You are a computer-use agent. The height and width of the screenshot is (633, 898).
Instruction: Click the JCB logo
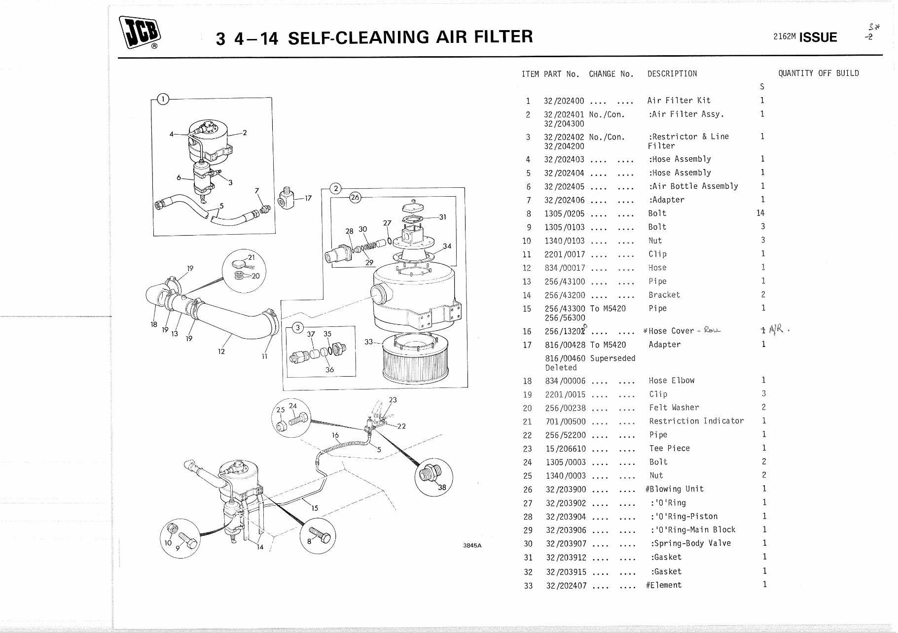point(139,33)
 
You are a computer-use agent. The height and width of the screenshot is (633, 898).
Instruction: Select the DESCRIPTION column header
point(672,74)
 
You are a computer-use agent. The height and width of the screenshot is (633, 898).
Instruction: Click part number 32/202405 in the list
point(564,186)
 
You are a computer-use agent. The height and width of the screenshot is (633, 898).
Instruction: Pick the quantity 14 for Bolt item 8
point(760,213)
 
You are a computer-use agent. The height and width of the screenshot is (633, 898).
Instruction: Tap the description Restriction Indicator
point(696,421)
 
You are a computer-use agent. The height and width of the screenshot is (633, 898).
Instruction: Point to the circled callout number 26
point(355,197)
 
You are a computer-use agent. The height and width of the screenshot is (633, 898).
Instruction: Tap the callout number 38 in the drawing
point(442,488)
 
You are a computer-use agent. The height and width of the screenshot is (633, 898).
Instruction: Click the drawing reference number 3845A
point(472,546)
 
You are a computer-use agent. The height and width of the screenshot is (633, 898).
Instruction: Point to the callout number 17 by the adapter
point(308,199)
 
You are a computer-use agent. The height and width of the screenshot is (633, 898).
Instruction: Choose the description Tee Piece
point(669,448)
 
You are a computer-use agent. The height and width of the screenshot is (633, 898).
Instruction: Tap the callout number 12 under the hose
point(221,352)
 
